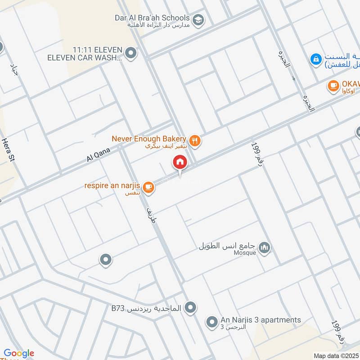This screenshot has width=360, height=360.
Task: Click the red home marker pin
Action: click(x=180, y=162)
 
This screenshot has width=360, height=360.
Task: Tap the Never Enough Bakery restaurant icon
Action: click(x=195, y=141)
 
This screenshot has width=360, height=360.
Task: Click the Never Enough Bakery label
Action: click(x=148, y=139)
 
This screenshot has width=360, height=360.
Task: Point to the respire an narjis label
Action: click(x=112, y=186)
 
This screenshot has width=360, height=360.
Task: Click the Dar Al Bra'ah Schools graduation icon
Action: click(x=197, y=20)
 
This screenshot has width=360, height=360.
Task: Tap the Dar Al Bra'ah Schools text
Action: click(x=152, y=18)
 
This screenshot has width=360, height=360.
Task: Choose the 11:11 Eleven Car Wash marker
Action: click(x=131, y=54)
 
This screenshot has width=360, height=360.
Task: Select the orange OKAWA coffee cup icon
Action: click(x=333, y=85)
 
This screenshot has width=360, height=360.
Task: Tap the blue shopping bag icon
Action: click(x=316, y=58)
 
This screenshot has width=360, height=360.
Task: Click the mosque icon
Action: click(x=265, y=248)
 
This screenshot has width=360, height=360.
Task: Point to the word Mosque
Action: click(x=245, y=253)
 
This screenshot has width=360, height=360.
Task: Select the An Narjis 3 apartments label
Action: click(x=261, y=320)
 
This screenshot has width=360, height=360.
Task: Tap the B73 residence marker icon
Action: click(x=191, y=308)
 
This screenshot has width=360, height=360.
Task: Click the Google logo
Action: click(x=19, y=353)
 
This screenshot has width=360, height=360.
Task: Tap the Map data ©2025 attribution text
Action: click(x=336, y=356)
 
